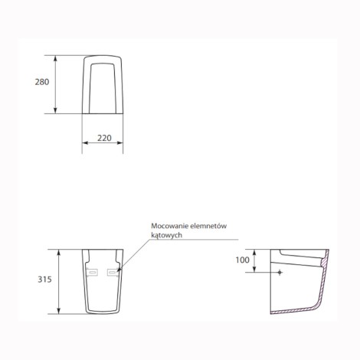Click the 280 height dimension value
[42, 82]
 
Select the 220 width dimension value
[104, 138]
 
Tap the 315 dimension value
[44, 280]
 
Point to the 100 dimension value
[242, 260]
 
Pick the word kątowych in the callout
[166, 235]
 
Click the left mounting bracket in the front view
[92, 273]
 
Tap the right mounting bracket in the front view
[113, 273]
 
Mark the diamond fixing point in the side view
[280, 273]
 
